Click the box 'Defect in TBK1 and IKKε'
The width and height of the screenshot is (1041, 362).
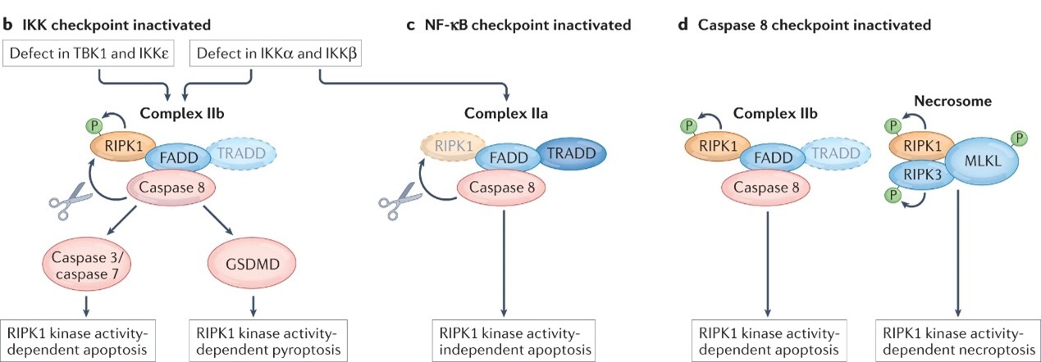[x=88, y=56]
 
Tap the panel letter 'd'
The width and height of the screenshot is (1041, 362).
[x=683, y=25]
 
